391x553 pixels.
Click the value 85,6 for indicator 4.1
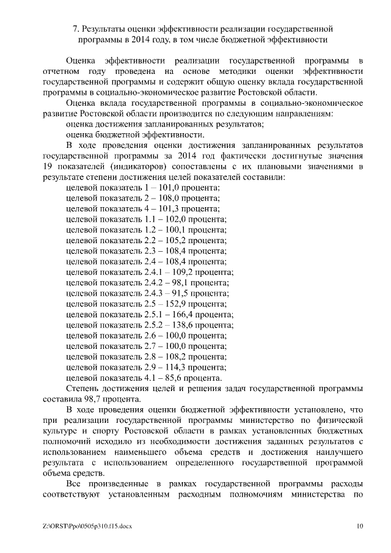174,378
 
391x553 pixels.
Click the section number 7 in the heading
75,29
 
